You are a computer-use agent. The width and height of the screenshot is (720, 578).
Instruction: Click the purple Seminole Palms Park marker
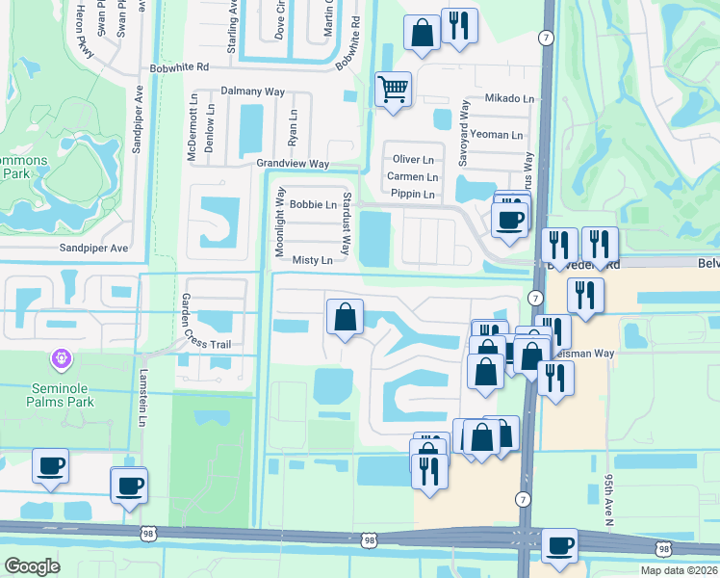tap(61, 358)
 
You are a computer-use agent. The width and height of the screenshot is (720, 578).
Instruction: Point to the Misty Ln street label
tap(312, 260)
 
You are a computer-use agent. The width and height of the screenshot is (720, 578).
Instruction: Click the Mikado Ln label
tap(509, 98)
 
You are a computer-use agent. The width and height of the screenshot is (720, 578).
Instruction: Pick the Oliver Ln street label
tap(414, 159)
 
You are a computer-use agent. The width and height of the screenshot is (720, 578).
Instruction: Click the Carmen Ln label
tap(412, 177)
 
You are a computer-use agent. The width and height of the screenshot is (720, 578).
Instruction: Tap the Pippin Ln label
tap(414, 195)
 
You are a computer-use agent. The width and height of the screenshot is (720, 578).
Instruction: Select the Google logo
tap(32, 566)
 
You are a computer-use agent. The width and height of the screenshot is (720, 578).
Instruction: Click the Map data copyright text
tap(679, 570)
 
